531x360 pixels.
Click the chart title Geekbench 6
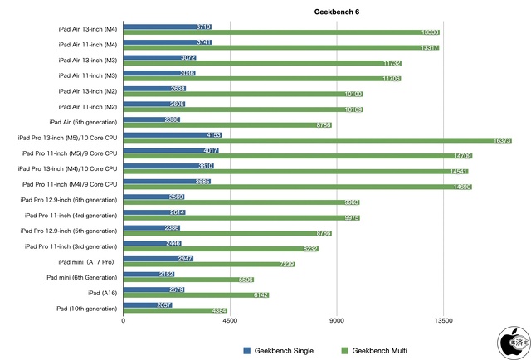point(337,12)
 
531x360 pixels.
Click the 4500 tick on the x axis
point(230,320)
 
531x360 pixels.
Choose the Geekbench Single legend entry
point(278,351)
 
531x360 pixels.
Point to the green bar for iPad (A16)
point(196,294)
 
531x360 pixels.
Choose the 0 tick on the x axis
point(124,320)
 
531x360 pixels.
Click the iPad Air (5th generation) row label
point(83,122)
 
